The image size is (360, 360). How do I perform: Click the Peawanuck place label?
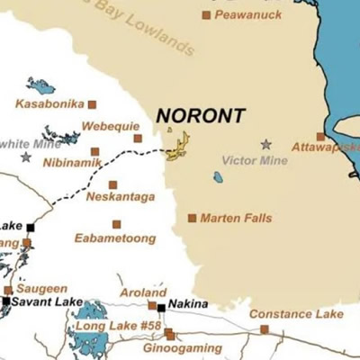click(x=248, y=14)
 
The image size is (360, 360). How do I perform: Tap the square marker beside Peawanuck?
click(x=206, y=14)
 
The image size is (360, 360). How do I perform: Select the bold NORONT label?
click(x=201, y=115)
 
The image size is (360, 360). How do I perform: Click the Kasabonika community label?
click(x=49, y=104)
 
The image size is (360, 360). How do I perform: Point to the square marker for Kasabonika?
click(x=92, y=104)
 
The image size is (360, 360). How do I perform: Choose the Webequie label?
click(x=112, y=126)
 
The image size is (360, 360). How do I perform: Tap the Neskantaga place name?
click(x=120, y=196)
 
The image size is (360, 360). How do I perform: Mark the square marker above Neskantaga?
click(x=112, y=184)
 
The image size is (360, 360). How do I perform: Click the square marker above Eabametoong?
click(x=116, y=224)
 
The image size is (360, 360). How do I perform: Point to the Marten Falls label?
click(x=236, y=218)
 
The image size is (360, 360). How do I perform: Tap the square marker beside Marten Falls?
click(x=192, y=218)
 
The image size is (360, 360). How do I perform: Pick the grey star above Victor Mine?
click(x=265, y=144)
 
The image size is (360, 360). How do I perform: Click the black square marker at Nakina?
click(x=161, y=307)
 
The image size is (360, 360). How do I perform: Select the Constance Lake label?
click(x=296, y=314)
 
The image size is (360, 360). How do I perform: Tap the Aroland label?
click(x=143, y=293)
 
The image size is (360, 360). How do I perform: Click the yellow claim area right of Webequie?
click(x=178, y=145)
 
